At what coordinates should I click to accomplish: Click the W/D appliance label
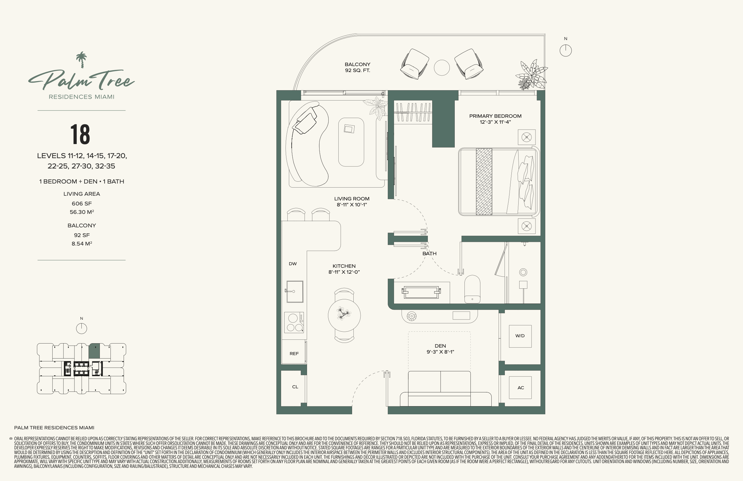click(x=520, y=336)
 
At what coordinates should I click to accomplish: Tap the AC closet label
click(x=520, y=388)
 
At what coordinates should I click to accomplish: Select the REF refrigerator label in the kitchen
click(x=294, y=354)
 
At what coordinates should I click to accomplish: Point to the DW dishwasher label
click(x=293, y=264)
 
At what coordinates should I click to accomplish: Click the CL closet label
click(x=295, y=387)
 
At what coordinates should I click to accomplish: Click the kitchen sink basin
click(x=295, y=292)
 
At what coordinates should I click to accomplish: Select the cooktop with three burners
click(x=294, y=322)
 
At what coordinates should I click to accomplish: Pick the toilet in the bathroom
click(x=472, y=289)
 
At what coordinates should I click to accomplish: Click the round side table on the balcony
click(x=442, y=68)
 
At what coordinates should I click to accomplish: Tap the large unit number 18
click(x=80, y=134)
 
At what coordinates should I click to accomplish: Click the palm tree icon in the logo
click(x=81, y=60)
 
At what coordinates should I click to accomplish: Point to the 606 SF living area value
click(x=82, y=204)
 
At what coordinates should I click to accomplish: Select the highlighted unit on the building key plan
click(x=94, y=351)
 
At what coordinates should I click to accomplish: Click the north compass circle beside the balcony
click(x=566, y=50)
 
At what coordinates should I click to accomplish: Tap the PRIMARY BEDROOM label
click(x=495, y=116)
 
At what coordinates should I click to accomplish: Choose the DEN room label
click(x=440, y=346)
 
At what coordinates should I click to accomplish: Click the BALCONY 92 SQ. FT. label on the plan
click(x=357, y=67)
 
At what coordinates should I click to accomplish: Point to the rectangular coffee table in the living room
click(x=351, y=142)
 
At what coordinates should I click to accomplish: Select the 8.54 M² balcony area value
click(x=82, y=243)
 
